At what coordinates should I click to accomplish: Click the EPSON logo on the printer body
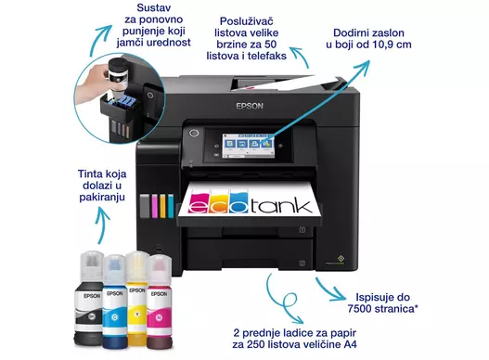[250, 106]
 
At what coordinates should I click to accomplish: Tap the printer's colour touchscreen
[248, 145]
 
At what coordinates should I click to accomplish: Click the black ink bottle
[89, 298]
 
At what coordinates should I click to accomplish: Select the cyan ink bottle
[115, 301]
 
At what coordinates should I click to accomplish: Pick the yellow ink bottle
[137, 298]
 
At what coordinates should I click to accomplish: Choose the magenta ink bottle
[159, 301]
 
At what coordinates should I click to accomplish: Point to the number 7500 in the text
[359, 309]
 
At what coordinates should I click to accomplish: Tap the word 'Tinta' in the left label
[90, 174]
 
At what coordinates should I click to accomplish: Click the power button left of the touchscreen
[194, 134]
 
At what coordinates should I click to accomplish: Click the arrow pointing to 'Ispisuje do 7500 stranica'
[330, 290]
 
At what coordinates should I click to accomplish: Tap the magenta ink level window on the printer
[155, 206]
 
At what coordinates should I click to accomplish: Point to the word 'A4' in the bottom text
[350, 344]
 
